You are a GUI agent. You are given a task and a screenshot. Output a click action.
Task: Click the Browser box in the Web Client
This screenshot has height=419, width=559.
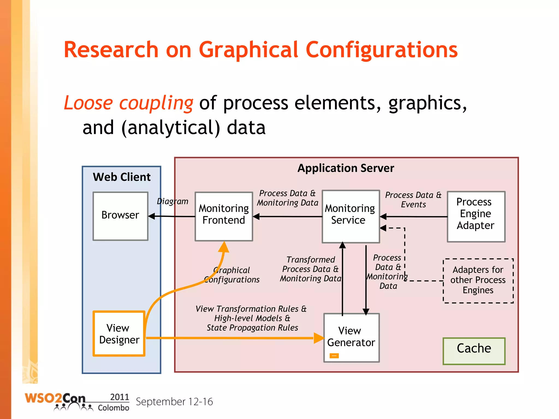click(120, 216)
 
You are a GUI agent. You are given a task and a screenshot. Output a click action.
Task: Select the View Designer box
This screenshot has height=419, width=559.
click(119, 334)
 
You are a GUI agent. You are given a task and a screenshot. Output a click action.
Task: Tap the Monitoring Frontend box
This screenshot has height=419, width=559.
click(224, 216)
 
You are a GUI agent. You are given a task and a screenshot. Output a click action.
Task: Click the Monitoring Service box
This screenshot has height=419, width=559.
click(350, 216)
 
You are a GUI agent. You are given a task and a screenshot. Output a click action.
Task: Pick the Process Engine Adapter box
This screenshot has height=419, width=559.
click(476, 216)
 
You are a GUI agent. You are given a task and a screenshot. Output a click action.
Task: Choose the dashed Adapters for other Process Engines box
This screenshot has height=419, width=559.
click(478, 280)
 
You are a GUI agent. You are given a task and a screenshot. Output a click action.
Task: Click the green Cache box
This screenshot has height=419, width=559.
click(474, 351)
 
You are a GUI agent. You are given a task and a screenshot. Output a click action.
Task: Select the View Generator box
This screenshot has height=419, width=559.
click(351, 337)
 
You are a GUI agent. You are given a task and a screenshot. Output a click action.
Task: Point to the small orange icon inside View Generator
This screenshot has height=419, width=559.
click(334, 355)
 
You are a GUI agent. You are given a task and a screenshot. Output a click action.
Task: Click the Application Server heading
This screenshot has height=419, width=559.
click(346, 168)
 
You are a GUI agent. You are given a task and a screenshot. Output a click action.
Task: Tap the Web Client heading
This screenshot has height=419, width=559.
click(121, 177)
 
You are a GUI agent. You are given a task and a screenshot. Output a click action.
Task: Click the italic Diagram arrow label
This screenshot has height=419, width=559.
click(173, 201)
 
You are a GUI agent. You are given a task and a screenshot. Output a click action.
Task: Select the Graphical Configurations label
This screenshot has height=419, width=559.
click(232, 275)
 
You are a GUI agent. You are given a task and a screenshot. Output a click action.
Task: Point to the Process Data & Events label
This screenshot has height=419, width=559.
click(413, 200)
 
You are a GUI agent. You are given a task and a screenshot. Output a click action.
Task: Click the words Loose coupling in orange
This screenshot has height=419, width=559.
click(128, 103)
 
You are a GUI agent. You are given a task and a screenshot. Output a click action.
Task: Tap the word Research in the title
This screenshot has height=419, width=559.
click(111, 50)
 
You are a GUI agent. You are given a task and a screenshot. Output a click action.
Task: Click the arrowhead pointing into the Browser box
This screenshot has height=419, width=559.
click(151, 216)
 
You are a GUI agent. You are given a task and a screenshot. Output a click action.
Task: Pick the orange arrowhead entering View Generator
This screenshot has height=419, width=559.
click(319, 338)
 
